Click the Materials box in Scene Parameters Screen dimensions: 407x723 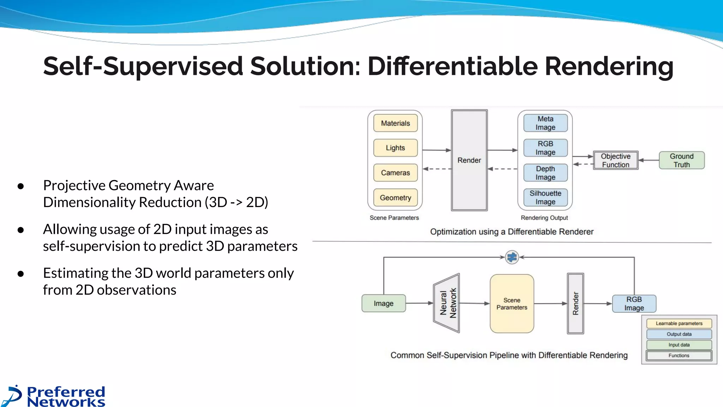pyautogui.click(x=395, y=123)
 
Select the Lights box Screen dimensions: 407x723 pyautogui.click(x=395, y=148)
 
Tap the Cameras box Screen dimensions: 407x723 pyautogui.click(x=395, y=173)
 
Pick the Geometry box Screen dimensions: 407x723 pyautogui.click(x=395, y=197)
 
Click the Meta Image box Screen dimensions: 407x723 pyautogui.click(x=545, y=123)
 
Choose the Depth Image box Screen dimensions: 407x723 pyautogui.click(x=545, y=173)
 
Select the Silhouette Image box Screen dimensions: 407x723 pyautogui.click(x=545, y=197)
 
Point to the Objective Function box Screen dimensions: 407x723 pyautogui.click(x=615, y=160)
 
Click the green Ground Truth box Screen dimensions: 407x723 pyautogui.click(x=681, y=160)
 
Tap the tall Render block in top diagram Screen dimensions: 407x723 pyautogui.click(x=469, y=160)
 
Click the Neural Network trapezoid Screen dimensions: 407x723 pyautogui.click(x=447, y=303)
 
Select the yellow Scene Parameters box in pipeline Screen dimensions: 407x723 pyautogui.click(x=512, y=303)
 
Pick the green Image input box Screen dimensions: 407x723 pyautogui.click(x=383, y=303)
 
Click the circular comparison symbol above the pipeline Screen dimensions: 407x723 pyautogui.click(x=512, y=257)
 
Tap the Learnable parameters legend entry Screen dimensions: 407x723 pyautogui.click(x=679, y=323)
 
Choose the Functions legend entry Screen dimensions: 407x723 pyautogui.click(x=679, y=355)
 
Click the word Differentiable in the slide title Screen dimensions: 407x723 pyautogui.click(x=453, y=66)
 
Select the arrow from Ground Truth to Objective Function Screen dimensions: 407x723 pyautogui.click(x=649, y=160)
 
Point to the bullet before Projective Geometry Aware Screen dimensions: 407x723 pyautogui.click(x=21, y=186)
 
